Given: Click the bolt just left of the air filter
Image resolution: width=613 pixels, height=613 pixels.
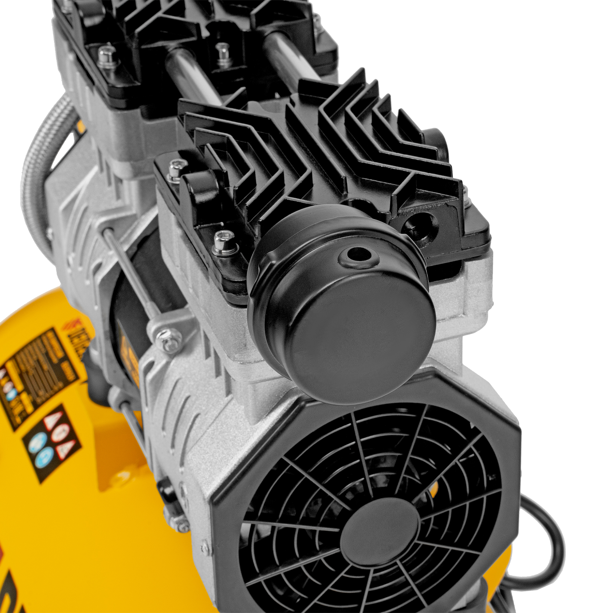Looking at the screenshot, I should click(x=221, y=242).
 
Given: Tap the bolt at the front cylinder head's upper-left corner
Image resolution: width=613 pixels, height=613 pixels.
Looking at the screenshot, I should click(x=174, y=171).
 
